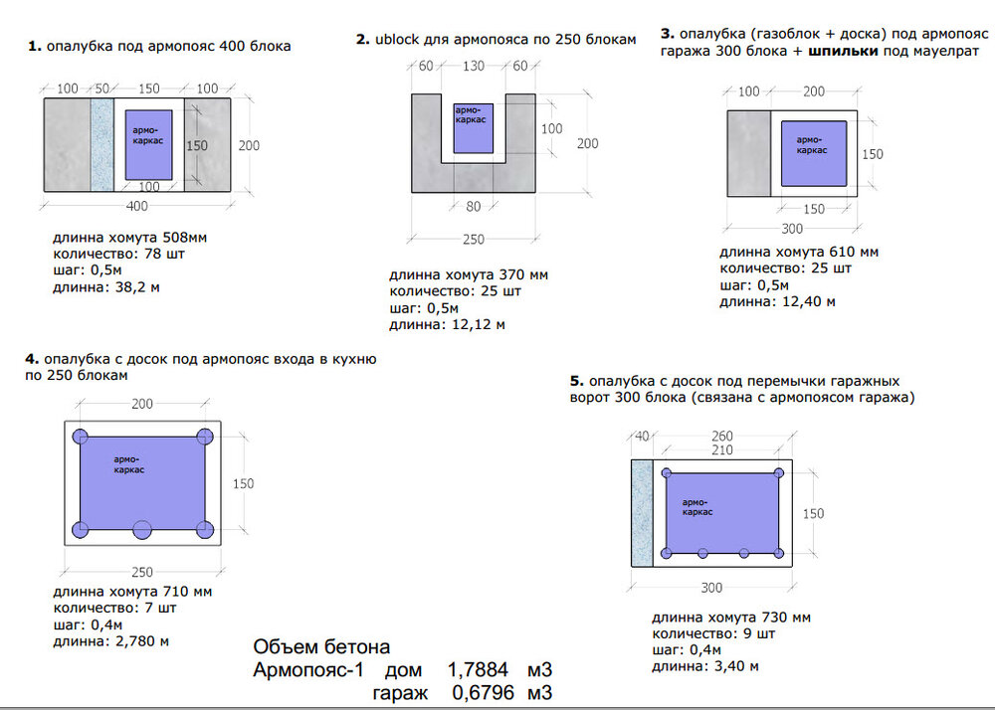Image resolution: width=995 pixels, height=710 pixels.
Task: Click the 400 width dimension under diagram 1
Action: [x=137, y=206]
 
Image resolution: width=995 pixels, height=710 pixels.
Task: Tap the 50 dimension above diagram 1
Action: [x=101, y=89]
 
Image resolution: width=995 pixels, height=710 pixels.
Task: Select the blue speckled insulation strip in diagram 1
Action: [x=102, y=144]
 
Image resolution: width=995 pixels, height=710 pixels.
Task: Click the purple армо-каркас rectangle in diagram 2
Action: [x=474, y=128]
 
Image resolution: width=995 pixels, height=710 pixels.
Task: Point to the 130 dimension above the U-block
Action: [x=474, y=66]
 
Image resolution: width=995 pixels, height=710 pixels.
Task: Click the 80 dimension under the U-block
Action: [x=474, y=206]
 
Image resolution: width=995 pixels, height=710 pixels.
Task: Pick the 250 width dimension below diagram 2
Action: [x=474, y=239]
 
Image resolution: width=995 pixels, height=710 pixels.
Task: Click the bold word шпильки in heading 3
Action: [x=844, y=51]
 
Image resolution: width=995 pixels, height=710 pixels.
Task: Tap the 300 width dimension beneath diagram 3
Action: [x=792, y=229]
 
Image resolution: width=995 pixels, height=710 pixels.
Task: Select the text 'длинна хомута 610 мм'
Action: [x=799, y=252]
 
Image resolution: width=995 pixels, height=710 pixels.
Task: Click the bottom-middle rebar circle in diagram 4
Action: [x=142, y=529]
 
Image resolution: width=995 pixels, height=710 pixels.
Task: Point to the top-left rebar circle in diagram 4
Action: [x=80, y=437]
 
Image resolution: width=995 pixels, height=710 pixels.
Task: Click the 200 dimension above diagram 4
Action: [x=142, y=403]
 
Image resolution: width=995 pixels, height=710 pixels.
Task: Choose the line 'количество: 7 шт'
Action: [x=114, y=608]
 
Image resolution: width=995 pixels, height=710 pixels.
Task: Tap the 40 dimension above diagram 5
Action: [x=642, y=437]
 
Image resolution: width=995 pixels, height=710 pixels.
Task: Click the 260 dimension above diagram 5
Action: [x=722, y=436]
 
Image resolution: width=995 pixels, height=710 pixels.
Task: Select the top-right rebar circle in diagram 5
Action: [x=779, y=473]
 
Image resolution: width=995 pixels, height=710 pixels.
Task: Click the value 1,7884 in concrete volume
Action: [x=478, y=669]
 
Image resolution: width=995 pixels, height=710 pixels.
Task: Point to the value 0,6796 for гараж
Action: [x=483, y=693]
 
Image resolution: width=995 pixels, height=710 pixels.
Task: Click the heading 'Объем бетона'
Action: [x=321, y=646]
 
